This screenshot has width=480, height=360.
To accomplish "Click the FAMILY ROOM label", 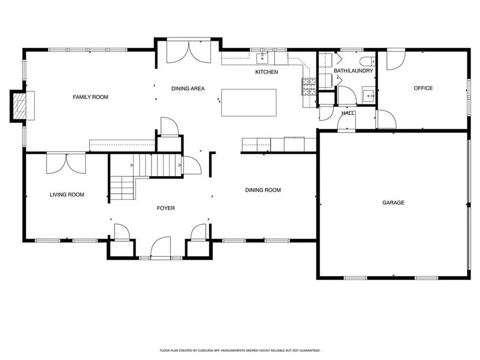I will tap(90, 97).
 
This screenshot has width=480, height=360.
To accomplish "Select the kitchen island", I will tap(248, 102).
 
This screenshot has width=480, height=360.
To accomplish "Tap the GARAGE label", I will tap(393, 202).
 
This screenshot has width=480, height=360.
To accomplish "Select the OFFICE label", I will tap(423, 88).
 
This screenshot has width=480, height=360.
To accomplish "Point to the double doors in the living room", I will tap(66, 163).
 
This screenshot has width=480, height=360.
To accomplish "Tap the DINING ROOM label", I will tap(263, 190).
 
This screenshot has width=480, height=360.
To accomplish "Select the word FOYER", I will tap(165, 208).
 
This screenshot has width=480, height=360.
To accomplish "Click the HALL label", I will tap(347, 113).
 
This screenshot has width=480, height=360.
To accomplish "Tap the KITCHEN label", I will tap(266, 72).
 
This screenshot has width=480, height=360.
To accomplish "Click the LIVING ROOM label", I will tap(67, 195).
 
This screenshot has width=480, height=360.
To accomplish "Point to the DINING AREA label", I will tap(187, 88).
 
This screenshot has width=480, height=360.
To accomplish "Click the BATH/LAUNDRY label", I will tap(353, 71).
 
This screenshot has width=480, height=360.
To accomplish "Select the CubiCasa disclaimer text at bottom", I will tap(240, 350).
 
